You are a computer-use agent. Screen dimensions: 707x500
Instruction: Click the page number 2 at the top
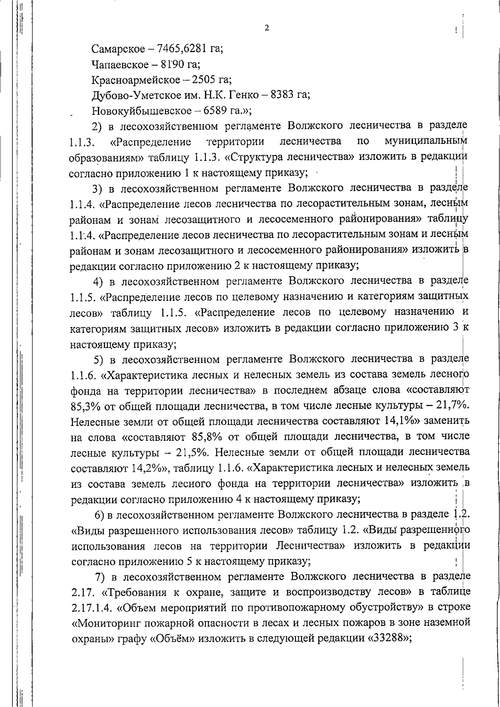point(266,28)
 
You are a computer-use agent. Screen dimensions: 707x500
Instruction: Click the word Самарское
point(115,49)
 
